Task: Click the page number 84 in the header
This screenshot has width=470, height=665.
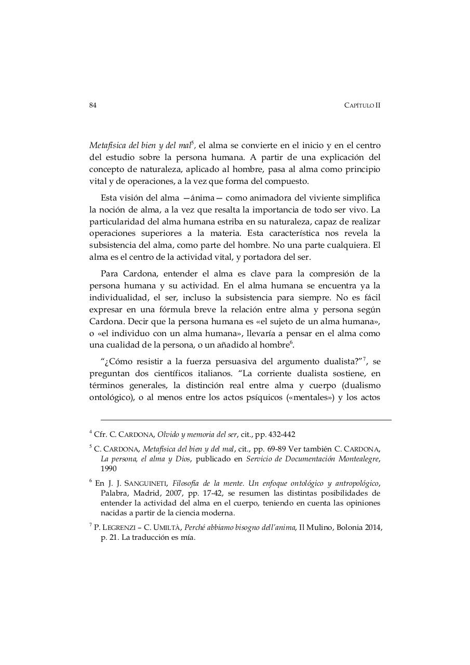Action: (x=93, y=105)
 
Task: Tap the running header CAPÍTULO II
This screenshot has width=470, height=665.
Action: (x=362, y=105)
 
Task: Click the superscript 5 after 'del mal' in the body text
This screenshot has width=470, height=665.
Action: (x=193, y=142)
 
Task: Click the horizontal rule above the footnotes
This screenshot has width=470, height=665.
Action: (x=246, y=420)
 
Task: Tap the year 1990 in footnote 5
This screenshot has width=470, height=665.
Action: (x=109, y=469)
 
